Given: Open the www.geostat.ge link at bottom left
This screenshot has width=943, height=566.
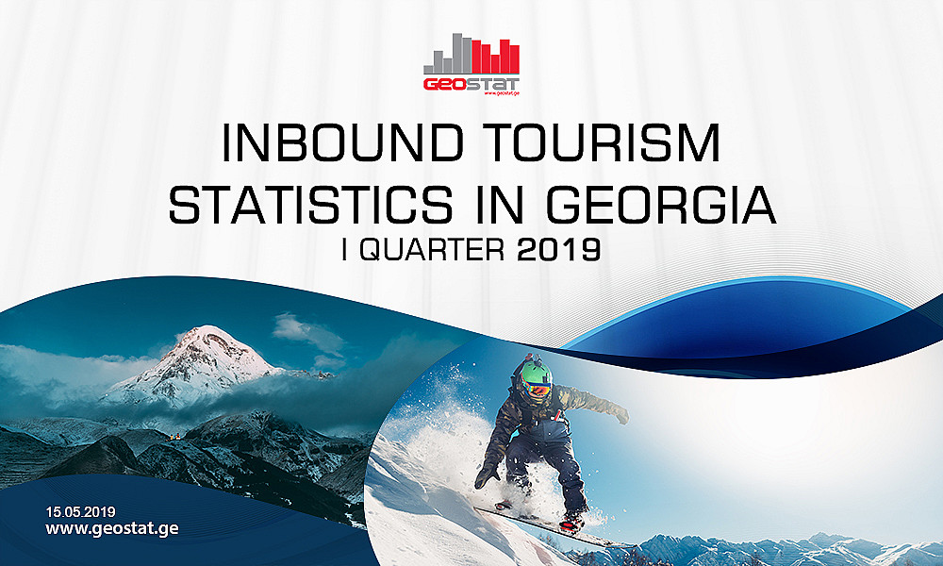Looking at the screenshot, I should [x=112, y=528].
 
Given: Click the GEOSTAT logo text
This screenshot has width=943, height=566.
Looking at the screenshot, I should [x=471, y=83].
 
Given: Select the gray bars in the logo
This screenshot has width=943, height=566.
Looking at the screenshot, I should [x=447, y=57].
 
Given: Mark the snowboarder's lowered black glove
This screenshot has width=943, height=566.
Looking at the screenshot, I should [x=487, y=475].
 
